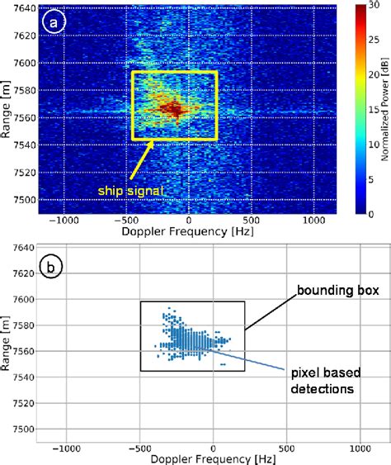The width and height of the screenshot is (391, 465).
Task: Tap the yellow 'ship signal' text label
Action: point(128,191)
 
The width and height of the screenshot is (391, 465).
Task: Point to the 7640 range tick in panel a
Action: point(22,8)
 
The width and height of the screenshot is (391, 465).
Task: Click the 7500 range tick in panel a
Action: point(22,200)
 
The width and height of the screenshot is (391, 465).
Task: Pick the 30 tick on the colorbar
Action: point(371,8)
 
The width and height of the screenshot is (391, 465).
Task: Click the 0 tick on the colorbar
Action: point(369,212)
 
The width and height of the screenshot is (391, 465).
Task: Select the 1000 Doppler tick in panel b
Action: point(360,446)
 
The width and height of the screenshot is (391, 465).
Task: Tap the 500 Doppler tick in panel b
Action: point(287,446)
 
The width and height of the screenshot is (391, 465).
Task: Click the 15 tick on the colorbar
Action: point(371,111)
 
